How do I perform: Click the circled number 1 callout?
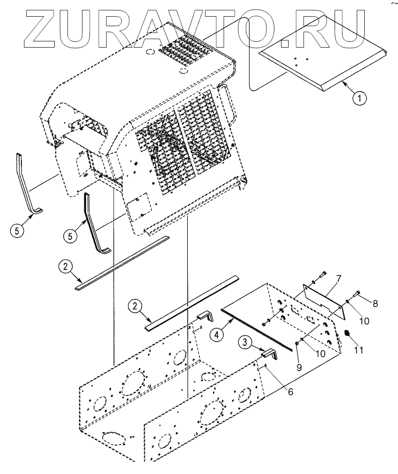point(359,99)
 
